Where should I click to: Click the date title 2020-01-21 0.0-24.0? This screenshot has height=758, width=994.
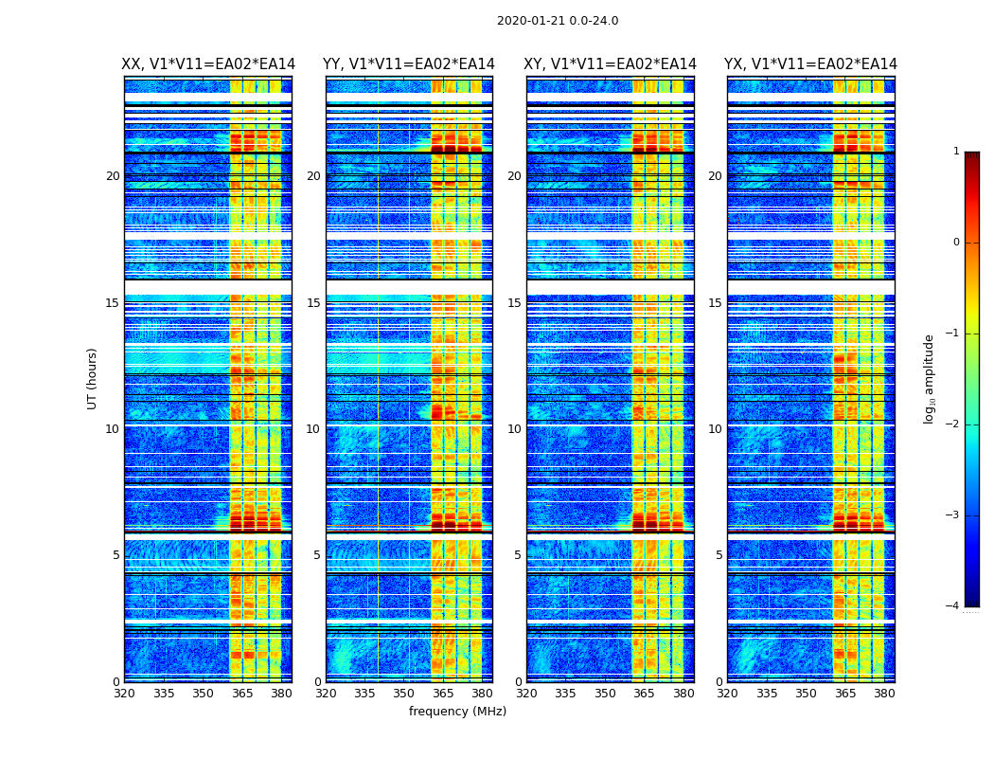coord(558,21)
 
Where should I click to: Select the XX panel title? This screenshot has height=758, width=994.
coord(208,64)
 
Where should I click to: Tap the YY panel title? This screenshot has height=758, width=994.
coord(409,64)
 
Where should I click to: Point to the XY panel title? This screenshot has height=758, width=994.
coord(610,64)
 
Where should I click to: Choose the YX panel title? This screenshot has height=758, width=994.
coord(810,64)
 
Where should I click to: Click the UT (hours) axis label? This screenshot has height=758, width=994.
coord(92,378)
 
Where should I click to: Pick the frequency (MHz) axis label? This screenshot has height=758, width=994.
coord(457,712)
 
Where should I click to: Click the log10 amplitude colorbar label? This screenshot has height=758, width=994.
coord(930,378)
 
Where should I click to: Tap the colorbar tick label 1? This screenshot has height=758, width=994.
coord(956,152)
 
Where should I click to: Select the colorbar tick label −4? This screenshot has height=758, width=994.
coord(953,606)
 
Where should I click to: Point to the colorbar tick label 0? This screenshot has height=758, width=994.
coord(956,243)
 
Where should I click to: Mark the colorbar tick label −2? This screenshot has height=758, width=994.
coord(953,424)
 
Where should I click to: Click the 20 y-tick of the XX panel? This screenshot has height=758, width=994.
coord(113,176)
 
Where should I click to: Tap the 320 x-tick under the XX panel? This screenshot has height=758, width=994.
coord(124,694)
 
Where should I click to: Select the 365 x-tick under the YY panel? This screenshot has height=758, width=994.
coord(443,694)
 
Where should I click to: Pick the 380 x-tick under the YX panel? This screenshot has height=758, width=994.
coord(884,694)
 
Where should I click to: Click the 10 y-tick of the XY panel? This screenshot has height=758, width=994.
coord(514,429)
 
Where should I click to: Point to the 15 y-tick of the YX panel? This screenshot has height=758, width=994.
coord(715,303)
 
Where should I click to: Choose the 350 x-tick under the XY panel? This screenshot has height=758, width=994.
coord(605,694)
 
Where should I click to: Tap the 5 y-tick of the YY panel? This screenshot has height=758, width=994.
coord(317,555)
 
